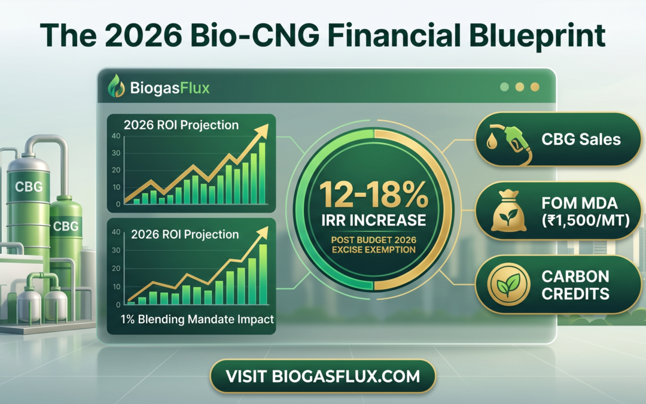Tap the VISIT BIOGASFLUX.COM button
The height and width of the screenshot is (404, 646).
pos(322,376)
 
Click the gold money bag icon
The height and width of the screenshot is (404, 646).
pos(509,211)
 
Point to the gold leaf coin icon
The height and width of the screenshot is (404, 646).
pos(508,284)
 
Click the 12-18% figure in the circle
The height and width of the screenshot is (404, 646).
pos(374,195)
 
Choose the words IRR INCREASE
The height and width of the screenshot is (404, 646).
pos(374,220)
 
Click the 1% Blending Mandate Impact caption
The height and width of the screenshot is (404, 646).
pos(197,319)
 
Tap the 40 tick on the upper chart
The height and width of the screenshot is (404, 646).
pos(116,136)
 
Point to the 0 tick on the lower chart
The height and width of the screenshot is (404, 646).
pos(118,305)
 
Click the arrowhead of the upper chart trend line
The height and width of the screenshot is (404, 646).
pos(261,131)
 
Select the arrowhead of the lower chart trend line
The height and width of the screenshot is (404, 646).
pos(261,233)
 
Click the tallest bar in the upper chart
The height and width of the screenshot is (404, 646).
pos(262,173)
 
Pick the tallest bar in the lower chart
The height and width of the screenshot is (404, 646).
pos(263,275)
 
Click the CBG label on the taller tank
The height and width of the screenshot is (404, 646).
pos(29,187)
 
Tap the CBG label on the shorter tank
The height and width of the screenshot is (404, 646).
pos(66,226)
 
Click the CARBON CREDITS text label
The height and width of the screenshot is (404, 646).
pos(575,285)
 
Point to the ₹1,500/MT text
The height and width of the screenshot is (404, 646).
pos(586,220)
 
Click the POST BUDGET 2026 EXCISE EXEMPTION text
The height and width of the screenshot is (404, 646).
pos(374,244)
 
